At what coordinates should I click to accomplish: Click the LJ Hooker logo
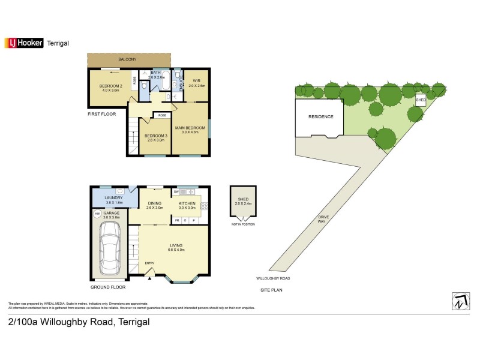pos(24,42)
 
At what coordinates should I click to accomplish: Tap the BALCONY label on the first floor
pos(127,59)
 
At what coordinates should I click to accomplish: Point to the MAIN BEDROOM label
pos(190,127)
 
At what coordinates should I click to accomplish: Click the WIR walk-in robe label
pos(197,80)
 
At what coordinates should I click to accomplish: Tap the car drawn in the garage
pos(109,245)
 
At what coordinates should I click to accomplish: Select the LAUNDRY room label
pos(113,197)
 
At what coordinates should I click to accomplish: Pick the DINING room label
pos(155,204)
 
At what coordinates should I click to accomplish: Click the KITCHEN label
pos(187,204)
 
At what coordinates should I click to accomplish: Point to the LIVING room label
pos(176,245)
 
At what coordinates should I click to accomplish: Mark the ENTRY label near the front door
pos(149,263)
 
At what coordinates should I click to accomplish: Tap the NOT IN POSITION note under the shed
pos(243,224)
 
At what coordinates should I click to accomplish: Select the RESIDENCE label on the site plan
pos(320,116)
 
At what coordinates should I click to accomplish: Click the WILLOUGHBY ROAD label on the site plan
pos(273,279)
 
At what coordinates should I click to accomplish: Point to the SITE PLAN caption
pos(271,290)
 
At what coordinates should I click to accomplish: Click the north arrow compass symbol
pos(460,301)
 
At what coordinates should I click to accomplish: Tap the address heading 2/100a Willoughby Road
pos(79,322)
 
